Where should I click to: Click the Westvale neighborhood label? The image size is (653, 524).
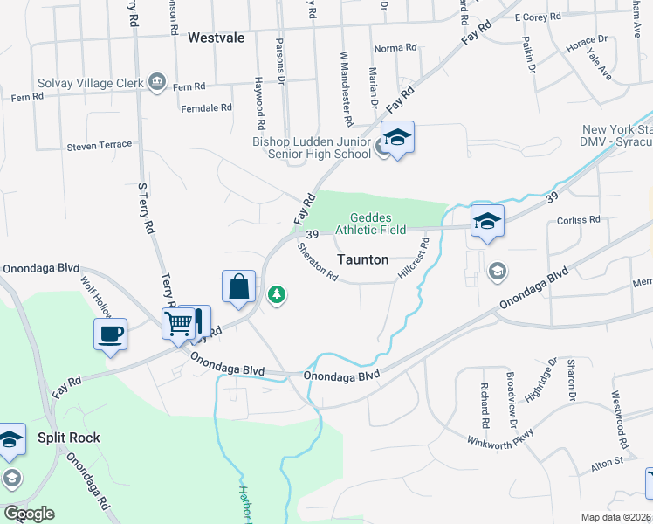(x=216, y=38)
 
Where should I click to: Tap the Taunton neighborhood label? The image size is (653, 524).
(x=362, y=259)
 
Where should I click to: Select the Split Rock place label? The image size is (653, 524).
(x=68, y=438)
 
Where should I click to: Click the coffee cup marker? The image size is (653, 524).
(x=111, y=334)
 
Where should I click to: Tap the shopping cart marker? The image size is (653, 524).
(x=178, y=323)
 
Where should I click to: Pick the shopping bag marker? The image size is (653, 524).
(x=238, y=286)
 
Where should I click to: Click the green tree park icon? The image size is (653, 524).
(x=277, y=294)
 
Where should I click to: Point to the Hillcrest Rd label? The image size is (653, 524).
(x=415, y=259)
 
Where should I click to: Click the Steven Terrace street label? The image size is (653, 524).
(x=100, y=145)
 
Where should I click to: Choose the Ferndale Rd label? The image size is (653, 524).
(x=206, y=107)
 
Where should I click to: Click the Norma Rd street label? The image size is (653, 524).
(x=393, y=49)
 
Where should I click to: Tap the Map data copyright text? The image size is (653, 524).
(x=615, y=517)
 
